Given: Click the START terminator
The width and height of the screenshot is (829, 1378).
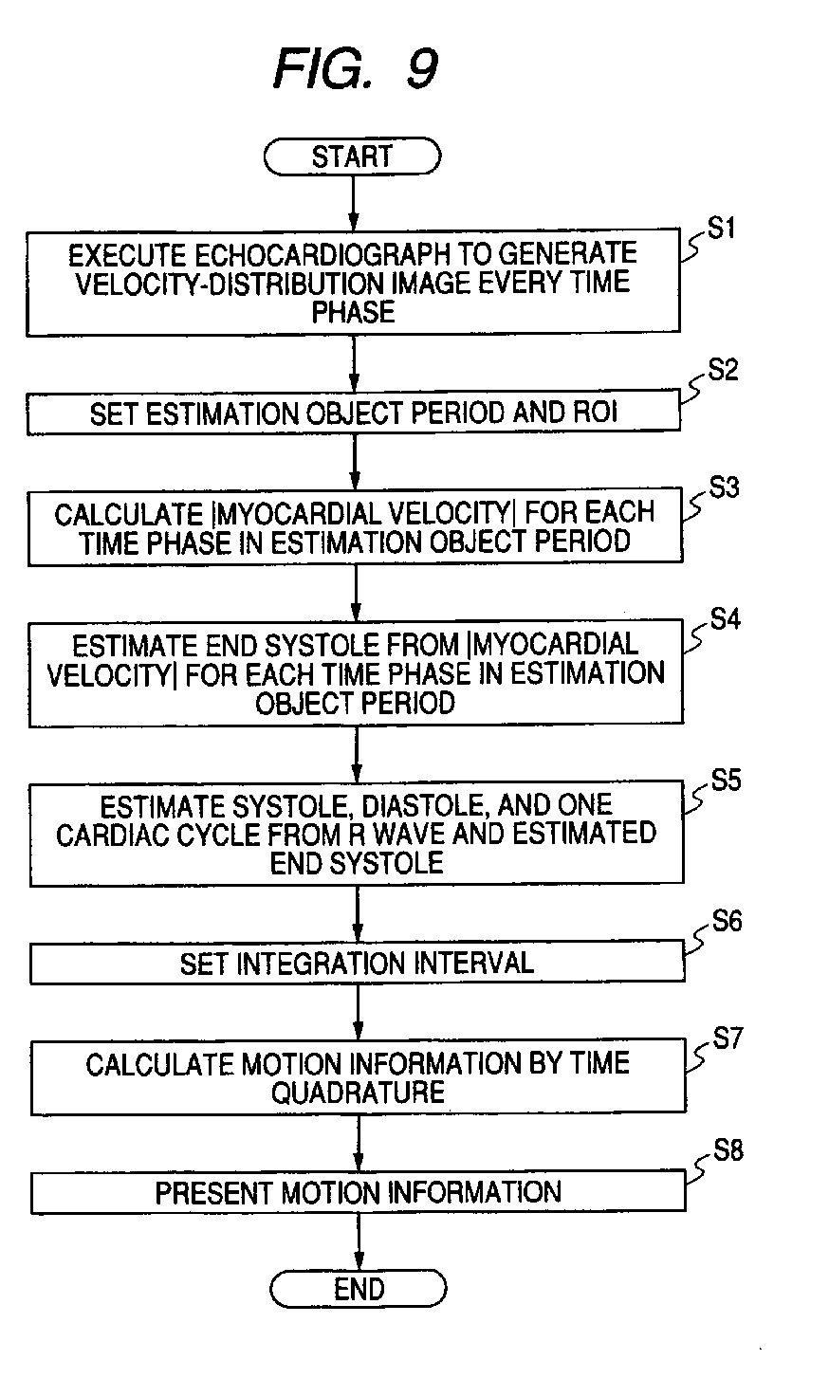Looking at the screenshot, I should [x=352, y=156].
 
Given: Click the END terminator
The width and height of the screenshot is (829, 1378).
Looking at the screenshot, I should [x=359, y=1289].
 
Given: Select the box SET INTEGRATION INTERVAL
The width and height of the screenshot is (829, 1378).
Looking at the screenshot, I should [x=358, y=965].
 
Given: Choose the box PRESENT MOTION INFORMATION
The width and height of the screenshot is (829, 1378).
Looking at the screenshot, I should [x=358, y=1192].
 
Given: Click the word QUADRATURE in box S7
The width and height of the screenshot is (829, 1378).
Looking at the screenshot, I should [x=359, y=1092].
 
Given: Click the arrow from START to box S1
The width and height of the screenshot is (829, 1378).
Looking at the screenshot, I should [x=352, y=202].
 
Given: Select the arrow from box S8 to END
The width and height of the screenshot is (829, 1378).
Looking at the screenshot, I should [x=359, y=1241].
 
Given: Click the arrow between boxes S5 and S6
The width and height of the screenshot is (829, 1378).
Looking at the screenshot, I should [x=358, y=916].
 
